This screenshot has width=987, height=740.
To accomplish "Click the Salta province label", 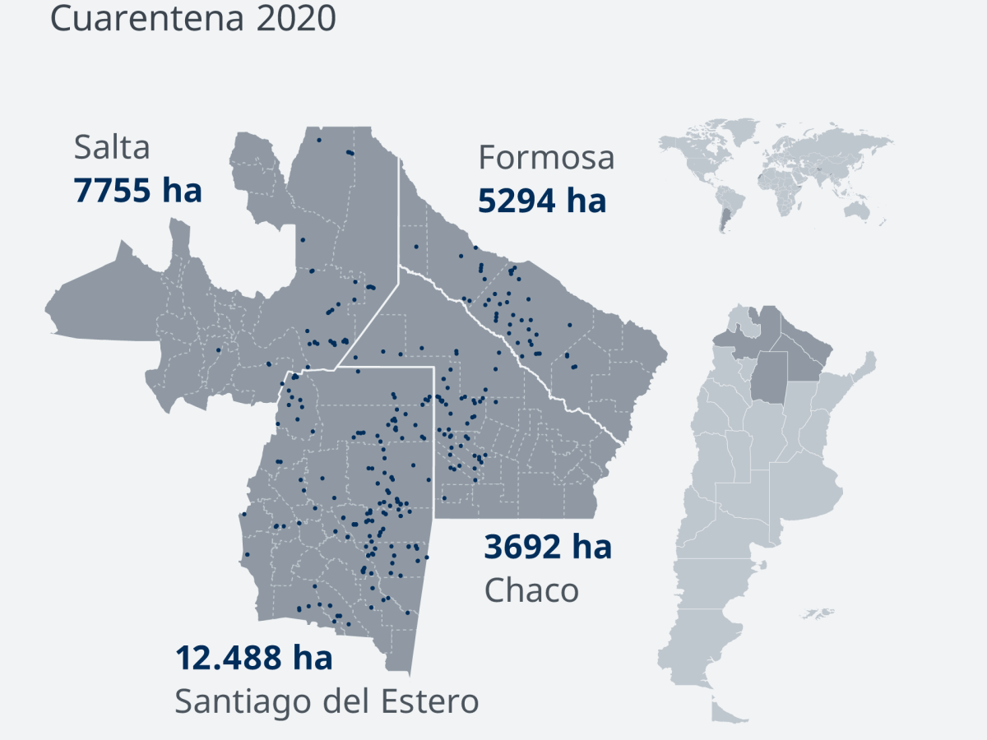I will (x=112, y=148).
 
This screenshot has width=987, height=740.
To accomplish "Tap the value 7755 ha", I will (x=137, y=191).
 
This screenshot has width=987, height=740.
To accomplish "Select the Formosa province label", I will (x=546, y=157).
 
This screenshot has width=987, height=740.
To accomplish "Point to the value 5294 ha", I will (x=542, y=200).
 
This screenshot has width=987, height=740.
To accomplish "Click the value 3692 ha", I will (x=548, y=546).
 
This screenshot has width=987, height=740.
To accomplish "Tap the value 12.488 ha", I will (x=253, y=658).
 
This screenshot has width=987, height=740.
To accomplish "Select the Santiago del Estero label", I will (x=327, y=701).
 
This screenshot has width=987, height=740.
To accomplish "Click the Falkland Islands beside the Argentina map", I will (x=817, y=613).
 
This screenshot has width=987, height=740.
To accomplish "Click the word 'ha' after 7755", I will (x=181, y=191).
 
